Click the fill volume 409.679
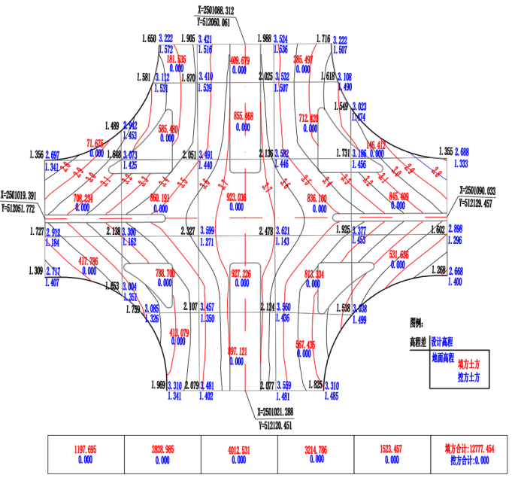click(239, 59)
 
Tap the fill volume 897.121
click(238, 351)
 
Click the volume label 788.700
click(165, 273)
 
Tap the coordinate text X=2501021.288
click(274, 413)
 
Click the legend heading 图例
click(418, 322)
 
